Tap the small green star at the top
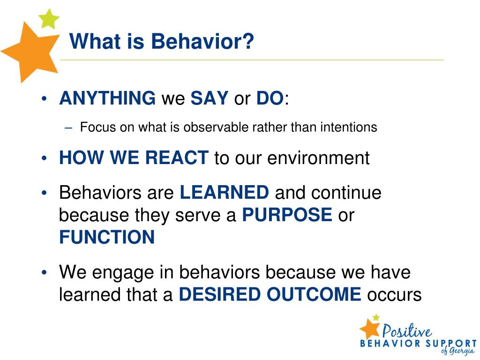tap(49, 19)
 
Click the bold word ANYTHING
tap(107, 98)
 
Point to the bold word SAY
tap(210, 98)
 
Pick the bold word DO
tap(270, 98)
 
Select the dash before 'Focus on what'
tap(68, 128)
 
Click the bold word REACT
tap(177, 157)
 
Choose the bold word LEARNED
tap(225, 192)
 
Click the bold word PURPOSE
tap(287, 215)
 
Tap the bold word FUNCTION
tap(107, 237)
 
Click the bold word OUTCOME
tap(314, 294)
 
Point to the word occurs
tap(395, 295)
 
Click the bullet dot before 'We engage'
tap(45, 272)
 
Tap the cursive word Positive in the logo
tap(407, 330)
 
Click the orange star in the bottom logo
tap(370, 329)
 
